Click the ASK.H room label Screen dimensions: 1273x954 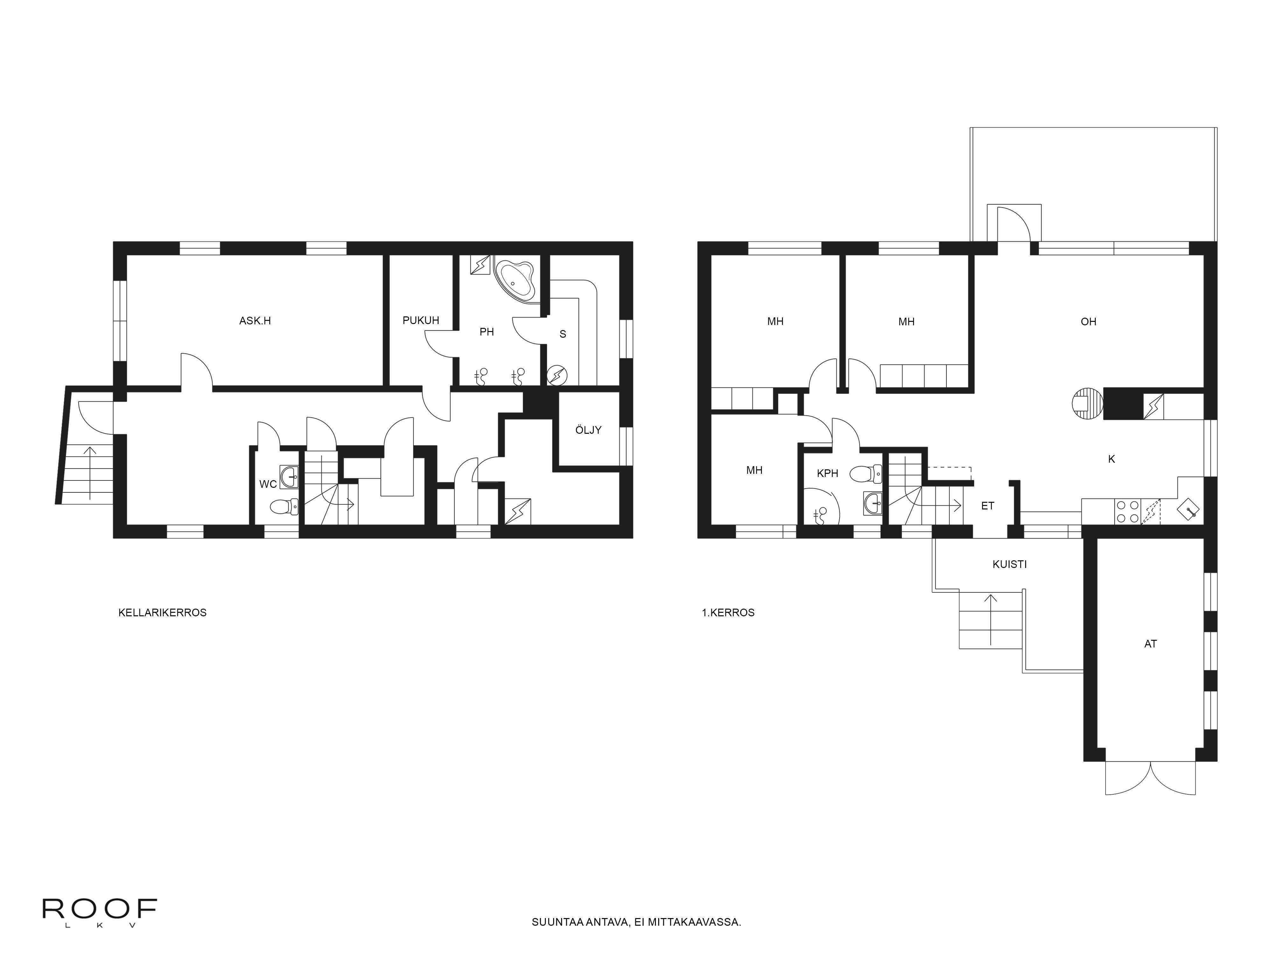(x=255, y=321)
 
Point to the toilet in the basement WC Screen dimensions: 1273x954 (x=284, y=507)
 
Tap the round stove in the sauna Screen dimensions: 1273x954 (x=557, y=376)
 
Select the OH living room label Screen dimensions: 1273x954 (x=1088, y=322)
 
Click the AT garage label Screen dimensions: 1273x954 (x=1150, y=644)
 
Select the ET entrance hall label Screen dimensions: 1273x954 (x=988, y=506)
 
